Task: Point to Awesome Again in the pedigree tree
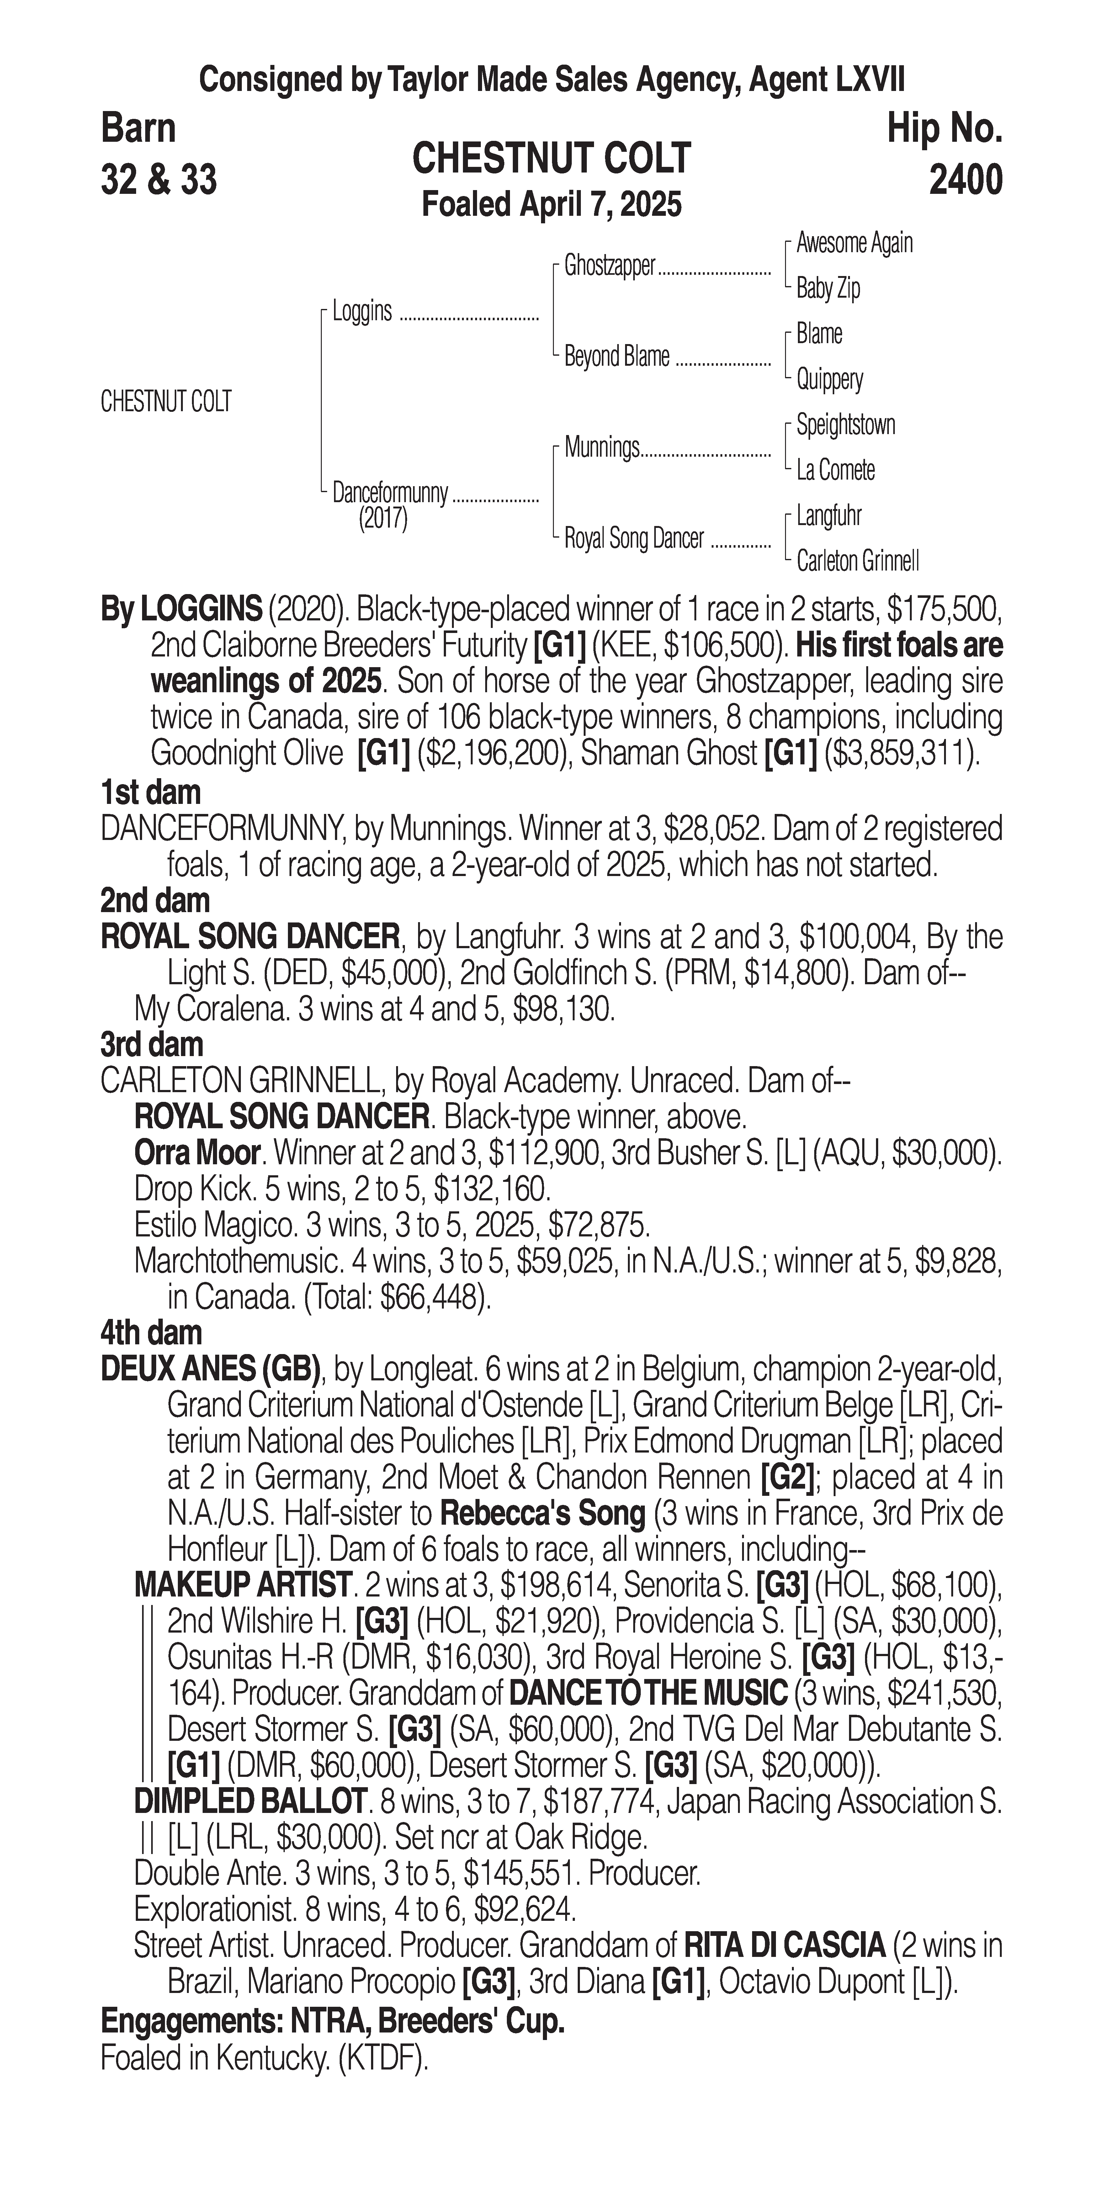(x=854, y=243)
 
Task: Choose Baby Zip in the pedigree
(x=828, y=289)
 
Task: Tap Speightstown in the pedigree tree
(x=846, y=425)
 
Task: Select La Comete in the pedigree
(x=835, y=470)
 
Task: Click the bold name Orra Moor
(x=196, y=1153)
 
